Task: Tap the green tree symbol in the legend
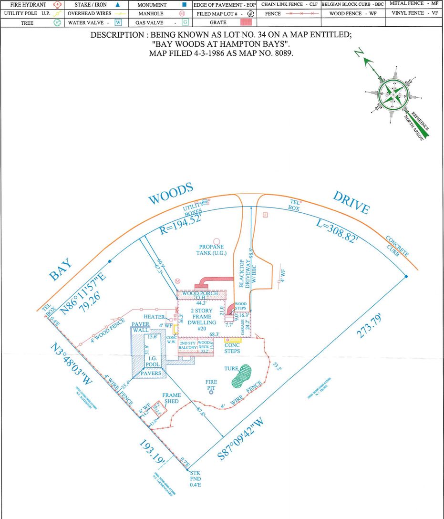click(57, 22)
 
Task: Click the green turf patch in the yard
click(241, 375)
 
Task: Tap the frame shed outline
click(159, 409)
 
